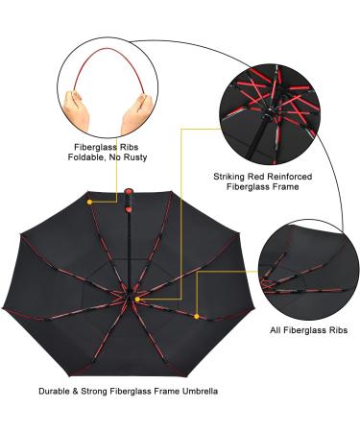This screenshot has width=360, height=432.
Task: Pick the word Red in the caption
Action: [264, 176]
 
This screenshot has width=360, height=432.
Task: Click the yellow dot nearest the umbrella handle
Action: [90, 203]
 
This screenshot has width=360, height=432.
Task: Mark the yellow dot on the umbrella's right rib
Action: [197, 316]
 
